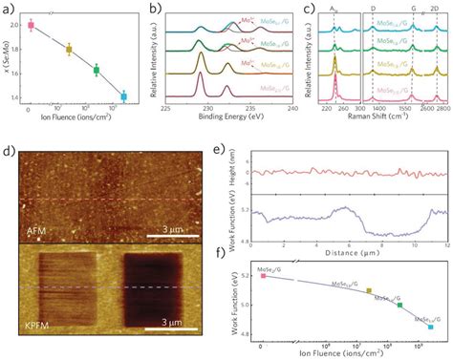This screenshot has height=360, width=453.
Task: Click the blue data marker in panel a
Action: (x=123, y=96)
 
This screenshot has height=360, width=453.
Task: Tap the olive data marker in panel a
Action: (x=68, y=50)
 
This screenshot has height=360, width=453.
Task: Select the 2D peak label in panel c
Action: (x=437, y=9)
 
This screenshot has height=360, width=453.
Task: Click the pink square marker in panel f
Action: (x=263, y=275)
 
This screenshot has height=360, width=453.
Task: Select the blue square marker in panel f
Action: (x=431, y=327)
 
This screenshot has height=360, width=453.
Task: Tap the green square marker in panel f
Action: (x=399, y=305)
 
